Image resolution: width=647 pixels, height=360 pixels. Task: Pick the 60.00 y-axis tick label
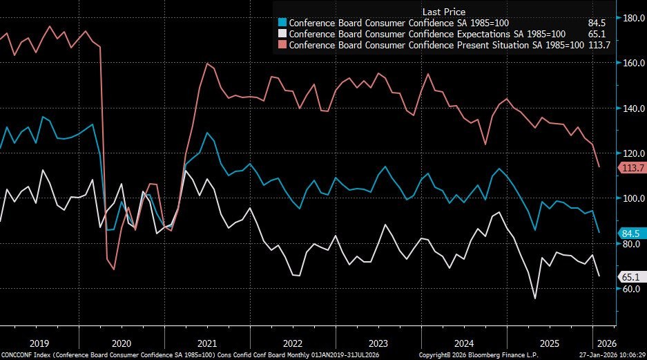tap(631, 289)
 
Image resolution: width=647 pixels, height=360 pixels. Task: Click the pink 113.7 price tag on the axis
tap(632, 168)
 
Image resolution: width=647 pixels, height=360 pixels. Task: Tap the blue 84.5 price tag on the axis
tap(631, 233)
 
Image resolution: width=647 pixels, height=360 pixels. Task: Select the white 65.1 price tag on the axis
tap(631, 277)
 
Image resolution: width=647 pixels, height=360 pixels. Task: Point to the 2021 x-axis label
tap(207, 343)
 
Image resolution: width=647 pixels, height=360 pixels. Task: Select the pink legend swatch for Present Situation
tap(281, 45)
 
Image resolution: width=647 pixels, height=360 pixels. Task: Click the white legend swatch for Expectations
tap(281, 34)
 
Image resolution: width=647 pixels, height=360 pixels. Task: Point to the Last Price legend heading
tap(443, 12)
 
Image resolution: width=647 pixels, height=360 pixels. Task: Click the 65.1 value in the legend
tap(599, 34)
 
